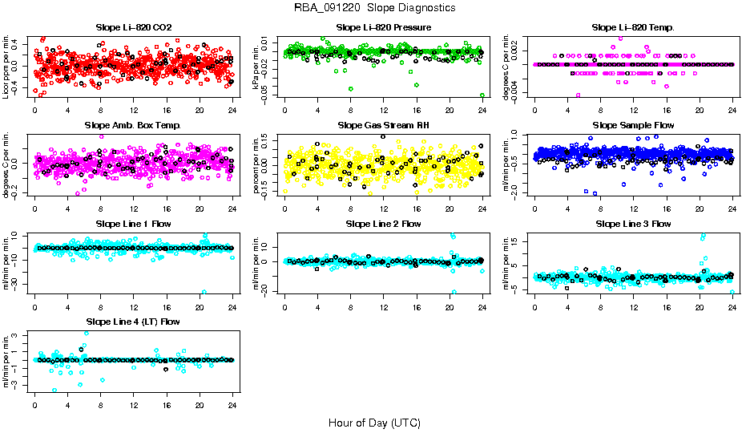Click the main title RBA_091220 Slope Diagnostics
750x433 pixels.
[x=374, y=8]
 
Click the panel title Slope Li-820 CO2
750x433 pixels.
[x=133, y=27]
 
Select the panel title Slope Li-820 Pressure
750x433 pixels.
[x=383, y=27]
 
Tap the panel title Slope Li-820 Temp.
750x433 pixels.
[x=633, y=27]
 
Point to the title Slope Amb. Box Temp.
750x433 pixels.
[x=133, y=125]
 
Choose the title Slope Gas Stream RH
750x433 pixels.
[x=383, y=125]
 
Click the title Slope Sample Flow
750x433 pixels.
[x=633, y=125]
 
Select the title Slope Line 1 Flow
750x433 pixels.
[x=133, y=224]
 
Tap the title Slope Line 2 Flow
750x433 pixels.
[x=383, y=224]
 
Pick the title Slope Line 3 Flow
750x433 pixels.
[x=633, y=224]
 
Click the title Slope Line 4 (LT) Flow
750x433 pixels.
[x=133, y=322]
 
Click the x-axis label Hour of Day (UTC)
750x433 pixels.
[x=374, y=423]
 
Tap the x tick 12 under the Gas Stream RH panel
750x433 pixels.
[x=383, y=208]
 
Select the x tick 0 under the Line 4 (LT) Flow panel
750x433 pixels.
[x=34, y=404]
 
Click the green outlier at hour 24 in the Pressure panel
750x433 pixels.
[x=482, y=95]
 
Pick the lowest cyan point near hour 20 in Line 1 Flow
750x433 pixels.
[x=204, y=292]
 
